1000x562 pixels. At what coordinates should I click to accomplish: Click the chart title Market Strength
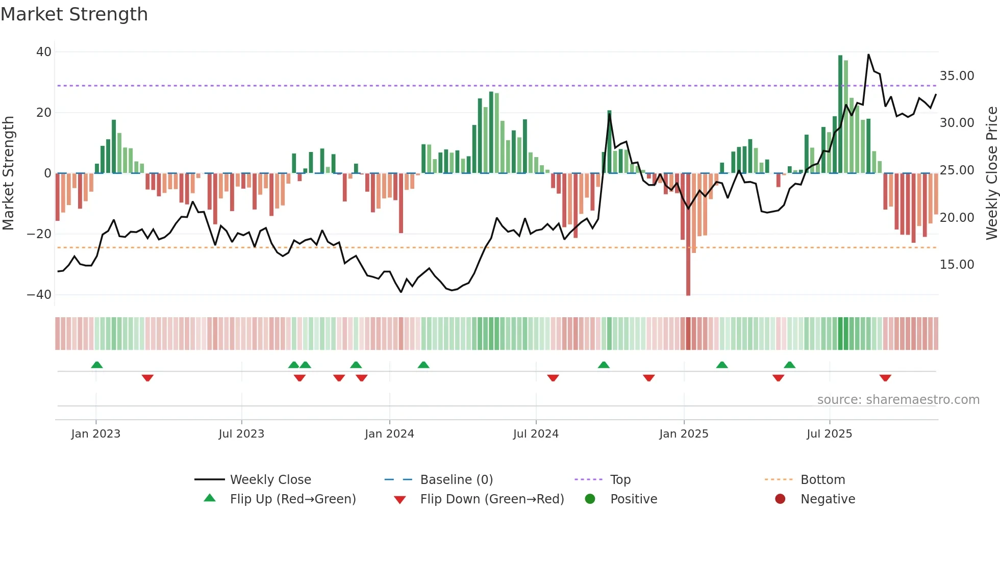(74, 14)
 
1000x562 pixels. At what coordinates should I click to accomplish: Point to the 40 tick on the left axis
(44, 52)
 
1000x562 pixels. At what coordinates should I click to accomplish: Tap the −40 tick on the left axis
(39, 295)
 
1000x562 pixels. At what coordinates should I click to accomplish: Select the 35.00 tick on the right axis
(957, 76)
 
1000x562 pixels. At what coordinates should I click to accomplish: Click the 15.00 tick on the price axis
(957, 265)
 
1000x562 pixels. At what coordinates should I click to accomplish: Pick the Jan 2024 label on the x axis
(389, 434)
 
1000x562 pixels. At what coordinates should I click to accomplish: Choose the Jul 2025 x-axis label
(829, 434)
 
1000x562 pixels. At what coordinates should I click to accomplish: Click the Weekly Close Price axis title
(991, 173)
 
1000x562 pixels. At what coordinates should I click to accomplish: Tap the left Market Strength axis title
(8, 173)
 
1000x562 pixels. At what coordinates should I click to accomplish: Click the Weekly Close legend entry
(270, 480)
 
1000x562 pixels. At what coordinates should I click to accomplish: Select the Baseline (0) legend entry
(456, 480)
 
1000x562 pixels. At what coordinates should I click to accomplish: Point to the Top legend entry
(620, 480)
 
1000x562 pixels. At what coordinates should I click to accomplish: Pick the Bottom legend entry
(822, 480)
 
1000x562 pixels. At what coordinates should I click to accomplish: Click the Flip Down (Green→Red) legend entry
(492, 499)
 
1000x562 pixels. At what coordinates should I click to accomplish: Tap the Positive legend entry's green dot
(590, 499)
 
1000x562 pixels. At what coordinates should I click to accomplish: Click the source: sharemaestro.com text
(898, 400)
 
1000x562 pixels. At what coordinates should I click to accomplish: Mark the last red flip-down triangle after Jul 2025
(885, 378)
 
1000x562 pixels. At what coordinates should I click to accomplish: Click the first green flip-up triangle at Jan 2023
(97, 365)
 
